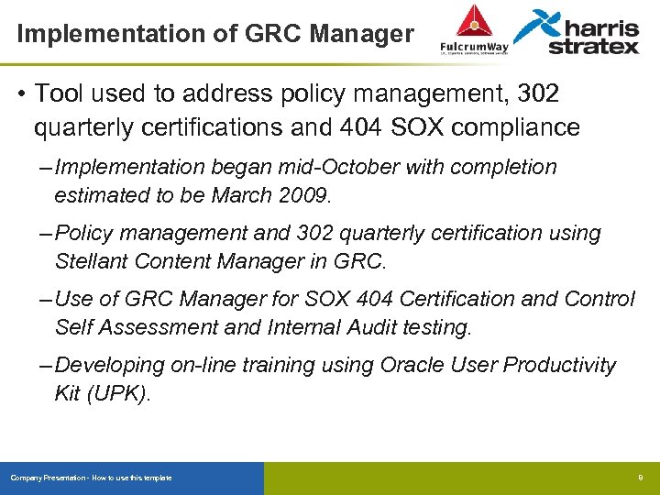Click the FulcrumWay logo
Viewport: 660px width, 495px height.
click(472, 31)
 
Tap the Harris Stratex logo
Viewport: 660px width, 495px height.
click(577, 32)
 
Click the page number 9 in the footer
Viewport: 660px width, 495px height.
click(641, 478)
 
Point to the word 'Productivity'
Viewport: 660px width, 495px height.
click(560, 365)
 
